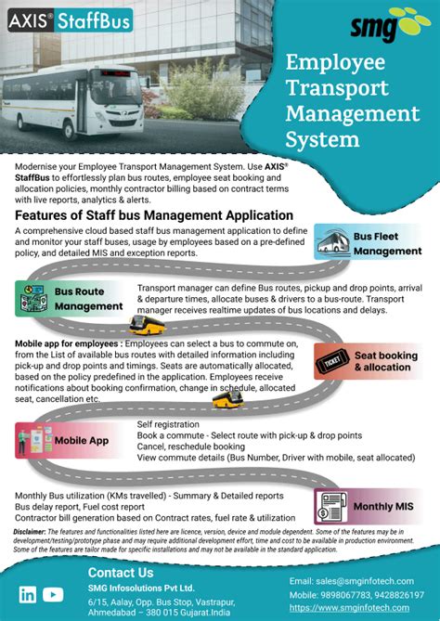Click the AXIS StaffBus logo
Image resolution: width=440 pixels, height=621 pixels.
point(71,19)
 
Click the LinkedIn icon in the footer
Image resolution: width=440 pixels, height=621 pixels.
point(28,595)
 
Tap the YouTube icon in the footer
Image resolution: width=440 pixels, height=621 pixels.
point(54,595)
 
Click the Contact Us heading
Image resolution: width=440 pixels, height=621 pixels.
point(121,572)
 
